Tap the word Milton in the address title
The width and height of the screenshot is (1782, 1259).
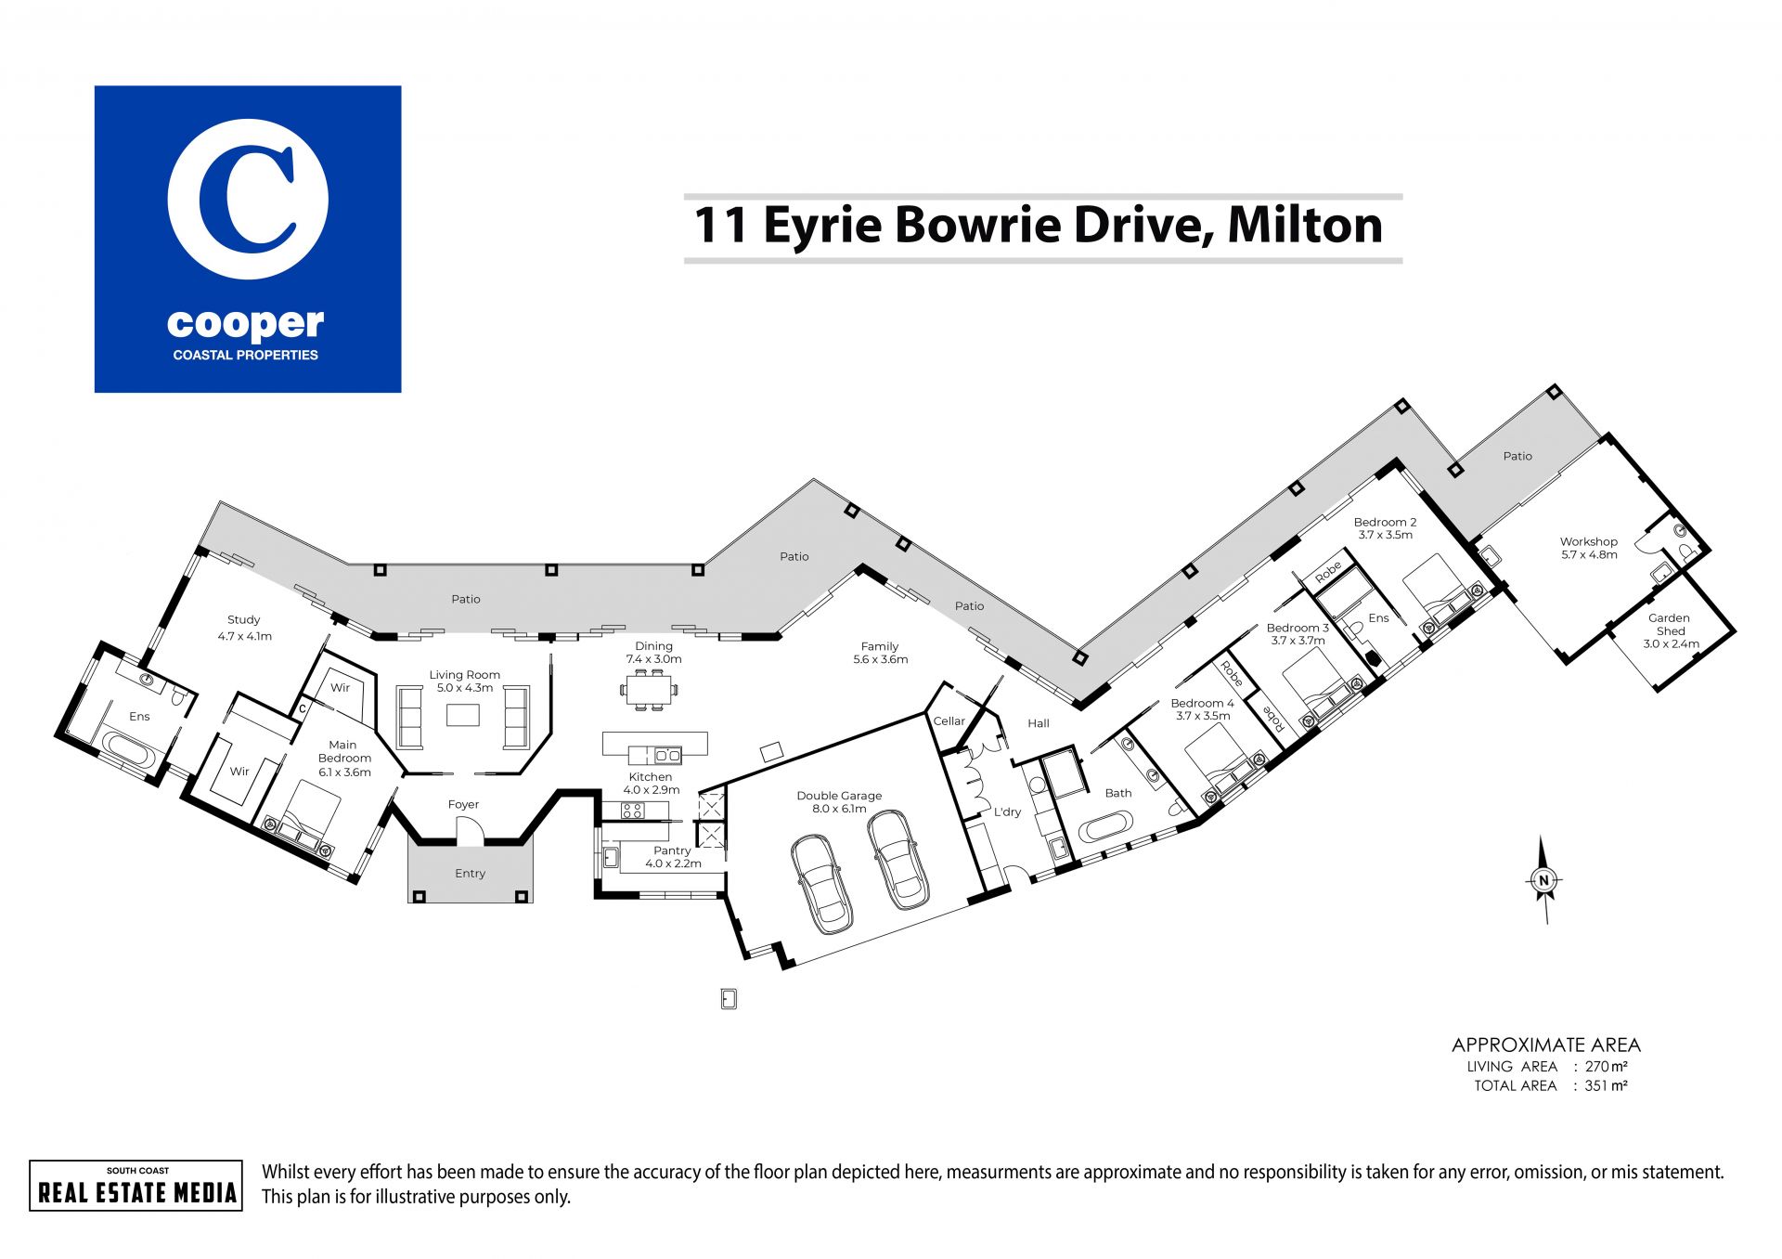tap(1305, 226)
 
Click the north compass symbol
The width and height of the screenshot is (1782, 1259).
tap(1543, 880)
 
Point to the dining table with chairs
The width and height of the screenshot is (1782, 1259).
tap(649, 690)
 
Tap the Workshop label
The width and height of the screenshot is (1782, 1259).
tap(1588, 541)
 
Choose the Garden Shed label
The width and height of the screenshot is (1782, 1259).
tap(1669, 624)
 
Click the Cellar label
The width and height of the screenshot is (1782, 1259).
tap(949, 720)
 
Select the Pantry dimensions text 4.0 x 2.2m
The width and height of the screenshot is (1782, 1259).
tap(673, 863)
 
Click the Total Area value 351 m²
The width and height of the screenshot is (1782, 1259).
tap(1606, 1085)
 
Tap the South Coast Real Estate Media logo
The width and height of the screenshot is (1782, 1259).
tap(136, 1186)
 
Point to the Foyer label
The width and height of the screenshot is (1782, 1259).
tap(463, 805)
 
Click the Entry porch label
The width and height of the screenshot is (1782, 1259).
tap(471, 874)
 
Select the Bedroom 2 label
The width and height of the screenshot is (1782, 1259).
tap(1385, 523)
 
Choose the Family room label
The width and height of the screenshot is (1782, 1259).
tap(880, 646)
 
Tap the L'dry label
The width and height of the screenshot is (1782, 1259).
tap(1007, 811)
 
